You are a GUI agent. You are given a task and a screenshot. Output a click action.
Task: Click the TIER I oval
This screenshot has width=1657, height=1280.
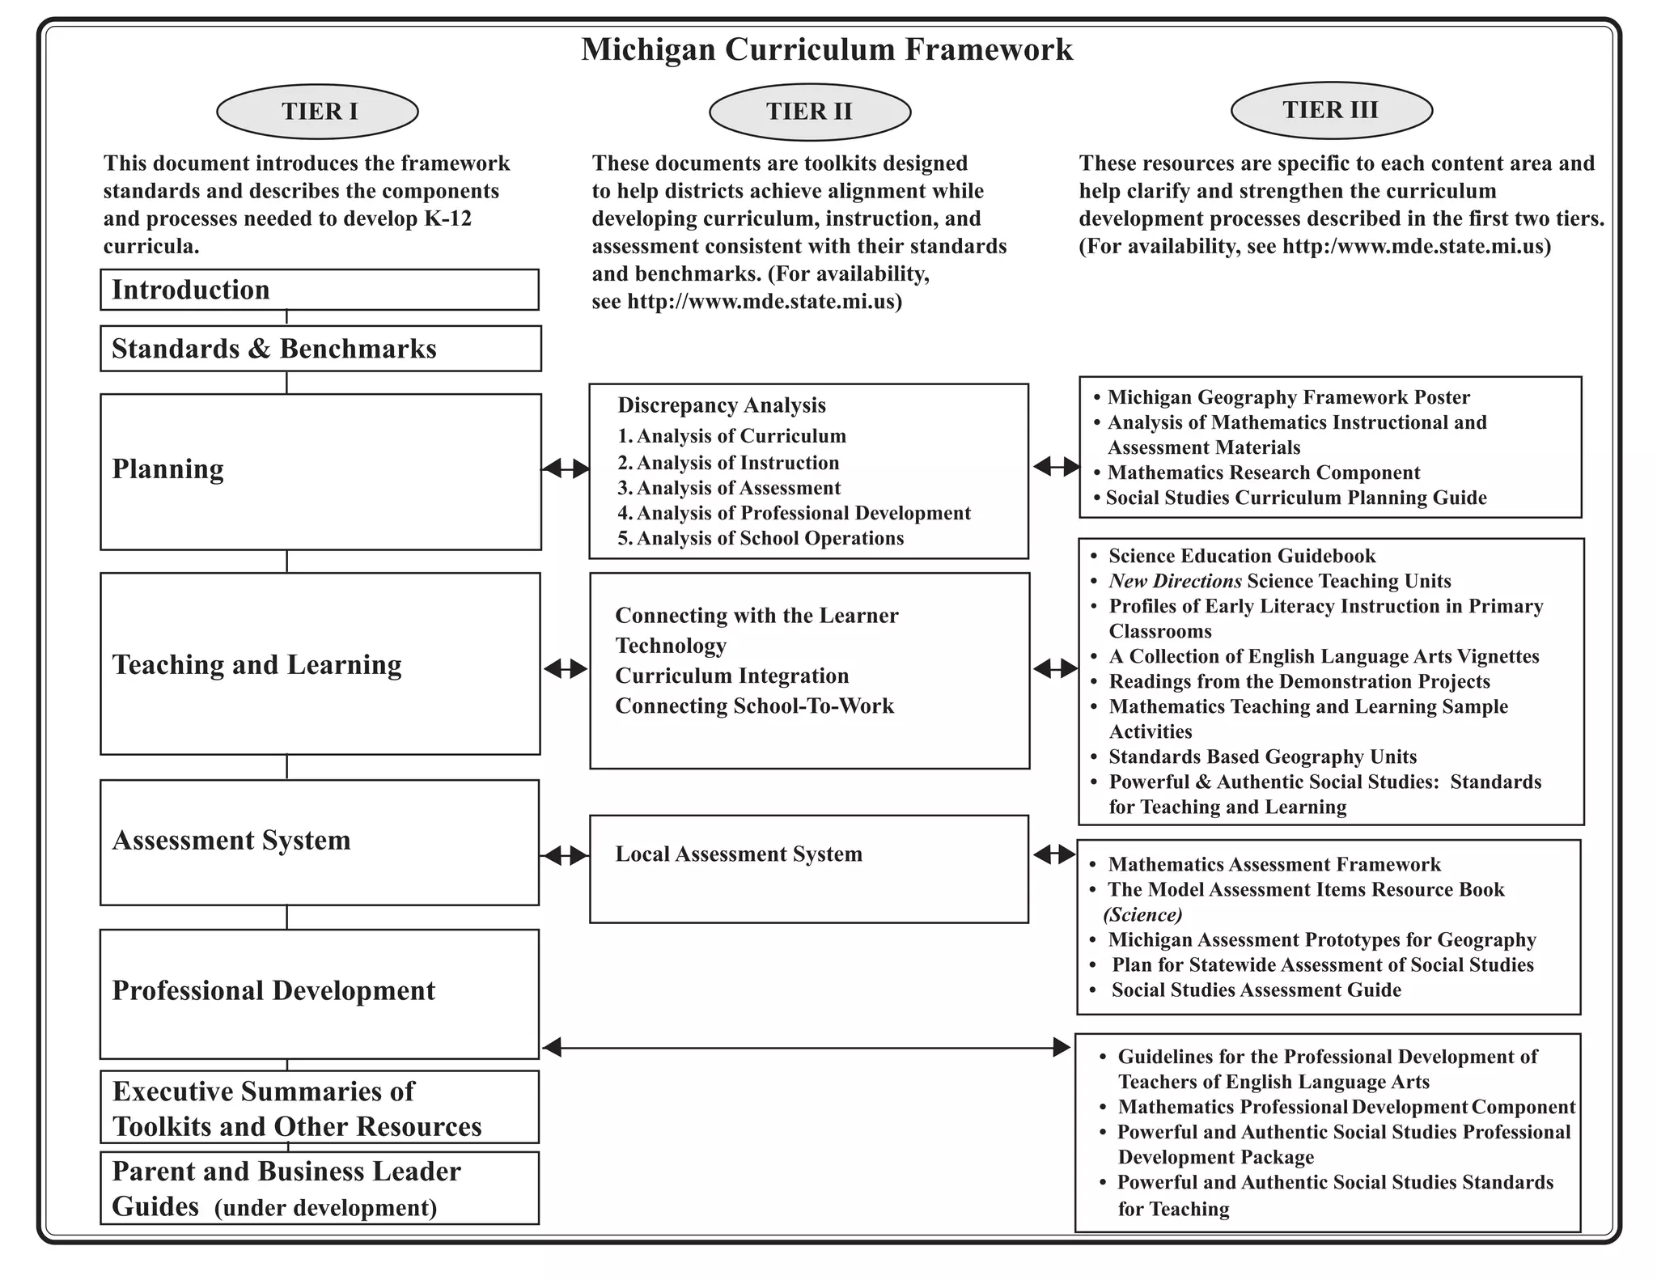(x=317, y=112)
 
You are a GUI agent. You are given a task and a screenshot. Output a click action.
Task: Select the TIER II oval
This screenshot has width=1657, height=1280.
(x=809, y=112)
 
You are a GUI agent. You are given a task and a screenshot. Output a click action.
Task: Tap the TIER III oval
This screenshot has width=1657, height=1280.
(x=1331, y=110)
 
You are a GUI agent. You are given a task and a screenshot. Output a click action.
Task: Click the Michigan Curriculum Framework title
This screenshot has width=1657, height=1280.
(x=827, y=49)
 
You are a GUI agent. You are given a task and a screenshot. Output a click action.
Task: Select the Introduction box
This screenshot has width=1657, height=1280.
(x=319, y=290)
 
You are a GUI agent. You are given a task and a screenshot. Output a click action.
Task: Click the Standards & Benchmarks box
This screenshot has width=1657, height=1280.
(x=320, y=349)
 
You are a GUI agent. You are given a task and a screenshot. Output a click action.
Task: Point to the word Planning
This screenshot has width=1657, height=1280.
(x=167, y=469)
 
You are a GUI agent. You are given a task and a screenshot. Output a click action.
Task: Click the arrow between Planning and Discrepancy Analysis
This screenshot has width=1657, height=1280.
(x=566, y=468)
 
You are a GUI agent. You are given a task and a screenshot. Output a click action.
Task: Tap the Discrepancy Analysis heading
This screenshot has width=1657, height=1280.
(x=722, y=405)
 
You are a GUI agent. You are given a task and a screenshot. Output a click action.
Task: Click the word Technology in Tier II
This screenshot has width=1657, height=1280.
(x=671, y=646)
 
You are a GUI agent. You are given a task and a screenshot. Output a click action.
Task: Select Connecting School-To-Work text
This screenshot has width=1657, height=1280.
(x=754, y=706)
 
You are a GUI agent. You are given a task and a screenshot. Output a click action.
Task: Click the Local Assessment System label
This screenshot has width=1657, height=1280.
(x=738, y=854)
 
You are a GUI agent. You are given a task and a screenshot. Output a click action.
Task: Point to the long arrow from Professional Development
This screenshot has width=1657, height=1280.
(x=806, y=1048)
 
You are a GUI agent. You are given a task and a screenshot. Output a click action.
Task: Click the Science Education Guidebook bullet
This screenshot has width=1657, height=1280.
(x=1241, y=556)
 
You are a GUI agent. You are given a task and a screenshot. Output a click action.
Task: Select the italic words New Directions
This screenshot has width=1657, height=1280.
(x=1175, y=581)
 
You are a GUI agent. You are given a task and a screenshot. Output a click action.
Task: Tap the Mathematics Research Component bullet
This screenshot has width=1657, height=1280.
(x=1263, y=473)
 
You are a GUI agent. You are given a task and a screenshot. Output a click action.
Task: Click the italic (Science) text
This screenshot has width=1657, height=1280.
(x=1142, y=915)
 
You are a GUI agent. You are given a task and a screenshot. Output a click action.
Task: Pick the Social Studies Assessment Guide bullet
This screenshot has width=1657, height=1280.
(x=1256, y=990)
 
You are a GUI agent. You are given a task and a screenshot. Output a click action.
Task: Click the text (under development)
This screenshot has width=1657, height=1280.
(x=325, y=1208)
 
